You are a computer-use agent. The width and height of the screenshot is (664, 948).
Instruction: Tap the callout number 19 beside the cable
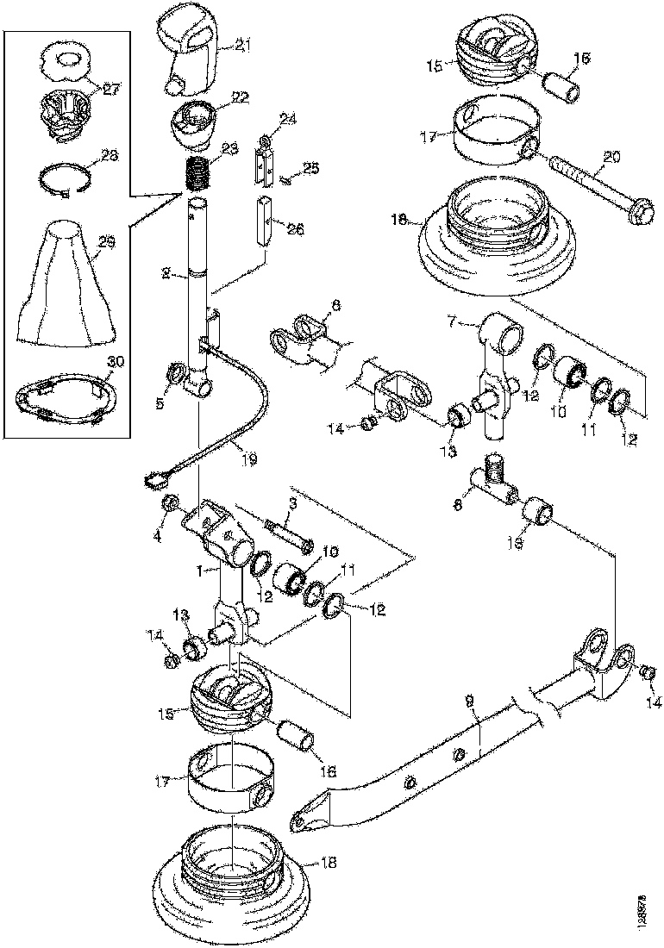click(x=249, y=461)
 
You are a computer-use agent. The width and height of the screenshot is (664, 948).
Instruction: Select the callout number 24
click(x=287, y=119)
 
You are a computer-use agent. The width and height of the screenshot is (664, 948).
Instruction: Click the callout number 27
click(x=110, y=87)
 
